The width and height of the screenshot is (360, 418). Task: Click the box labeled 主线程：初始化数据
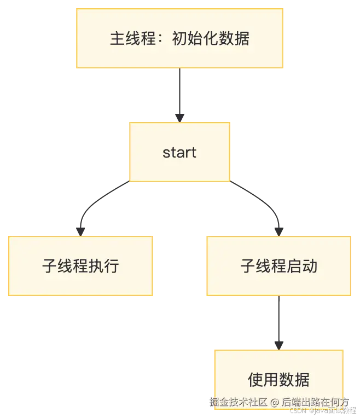pyautogui.click(x=179, y=38)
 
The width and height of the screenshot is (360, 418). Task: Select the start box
pyautogui.click(x=179, y=152)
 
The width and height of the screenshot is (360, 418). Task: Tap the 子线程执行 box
pyautogui.click(x=80, y=266)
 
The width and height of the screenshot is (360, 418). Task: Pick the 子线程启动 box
pyautogui.click(x=278, y=266)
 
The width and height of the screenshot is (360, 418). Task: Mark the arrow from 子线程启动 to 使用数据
pyautogui.click(x=278, y=320)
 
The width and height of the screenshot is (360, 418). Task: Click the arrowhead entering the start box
pyautogui.click(x=179, y=118)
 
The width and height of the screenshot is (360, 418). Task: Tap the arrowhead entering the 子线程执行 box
pyautogui.click(x=80, y=231)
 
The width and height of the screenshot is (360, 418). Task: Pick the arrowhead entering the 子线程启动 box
pyautogui.click(x=278, y=231)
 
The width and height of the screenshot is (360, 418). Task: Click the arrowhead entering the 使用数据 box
pyautogui.click(x=278, y=346)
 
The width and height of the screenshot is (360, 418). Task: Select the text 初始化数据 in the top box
pyautogui.click(x=211, y=39)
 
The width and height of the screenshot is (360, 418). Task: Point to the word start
pyautogui.click(x=179, y=152)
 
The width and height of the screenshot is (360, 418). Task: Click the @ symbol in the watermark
pyautogui.click(x=274, y=402)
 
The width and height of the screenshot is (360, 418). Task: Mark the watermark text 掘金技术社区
pyautogui.click(x=237, y=402)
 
